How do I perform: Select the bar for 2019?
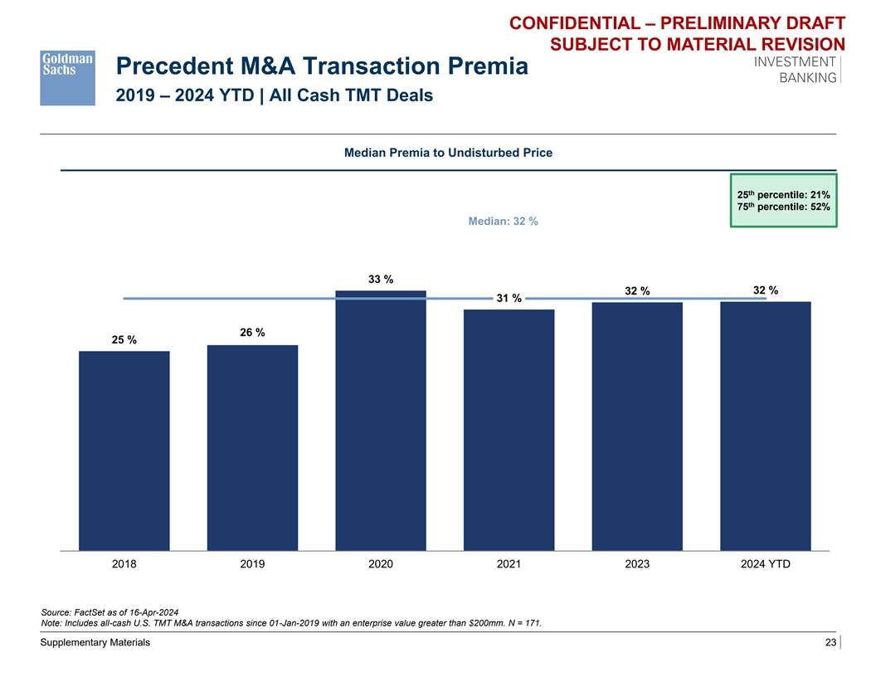click(x=252, y=447)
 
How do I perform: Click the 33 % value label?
click(x=381, y=280)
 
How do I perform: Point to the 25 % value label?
click(x=124, y=340)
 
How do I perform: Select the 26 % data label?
click(x=252, y=333)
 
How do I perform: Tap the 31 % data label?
click(x=509, y=299)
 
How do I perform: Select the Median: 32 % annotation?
click(x=504, y=222)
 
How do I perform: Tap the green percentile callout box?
click(x=783, y=200)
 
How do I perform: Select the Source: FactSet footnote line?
click(x=109, y=611)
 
